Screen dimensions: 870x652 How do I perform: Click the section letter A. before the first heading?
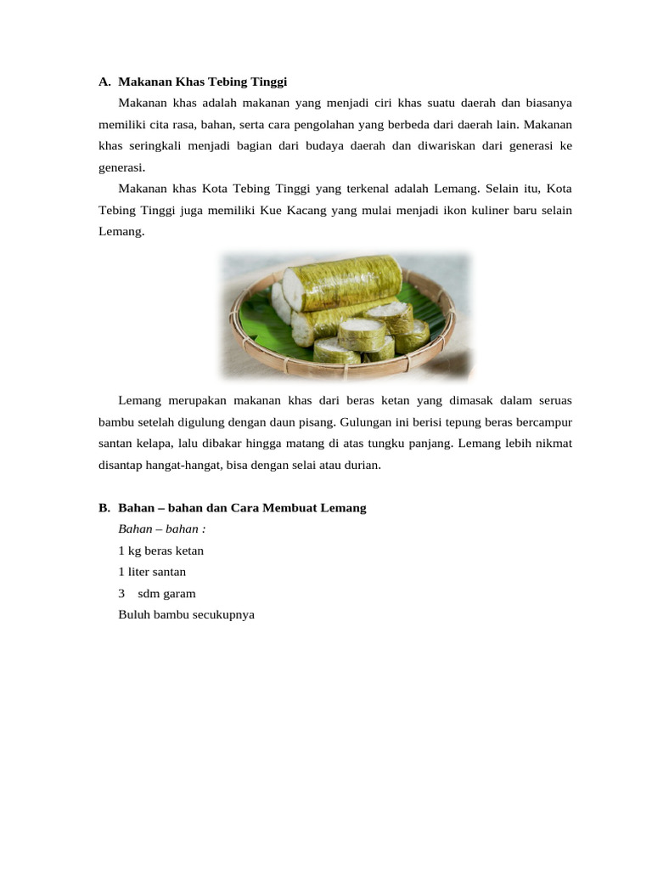point(104,82)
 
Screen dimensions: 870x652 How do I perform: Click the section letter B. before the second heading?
point(104,508)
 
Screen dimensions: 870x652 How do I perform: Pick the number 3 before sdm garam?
point(122,593)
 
